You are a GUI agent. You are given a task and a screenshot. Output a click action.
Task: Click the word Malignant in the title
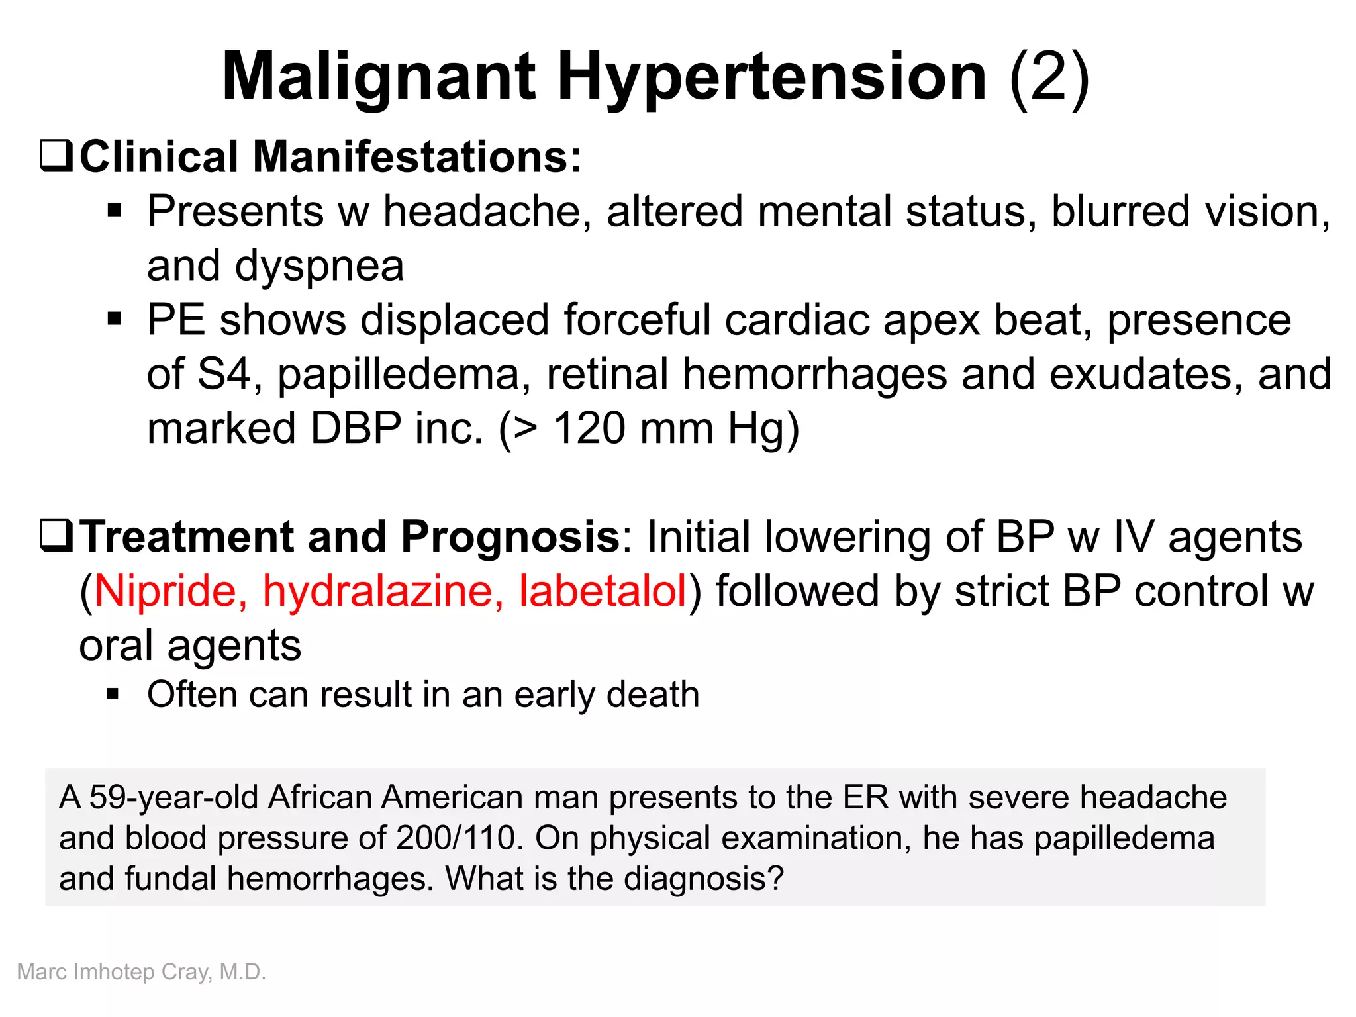[378, 77]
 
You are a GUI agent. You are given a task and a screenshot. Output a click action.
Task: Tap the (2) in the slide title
[1049, 77]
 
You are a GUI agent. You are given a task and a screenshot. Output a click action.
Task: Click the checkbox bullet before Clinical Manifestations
[56, 156]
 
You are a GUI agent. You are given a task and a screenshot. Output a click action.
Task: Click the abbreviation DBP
[356, 428]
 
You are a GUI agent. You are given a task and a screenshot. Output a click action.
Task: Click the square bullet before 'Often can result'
[114, 695]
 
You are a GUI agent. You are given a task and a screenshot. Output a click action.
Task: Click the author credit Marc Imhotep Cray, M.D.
[141, 972]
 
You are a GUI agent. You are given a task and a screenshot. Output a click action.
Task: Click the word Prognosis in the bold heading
[510, 536]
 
